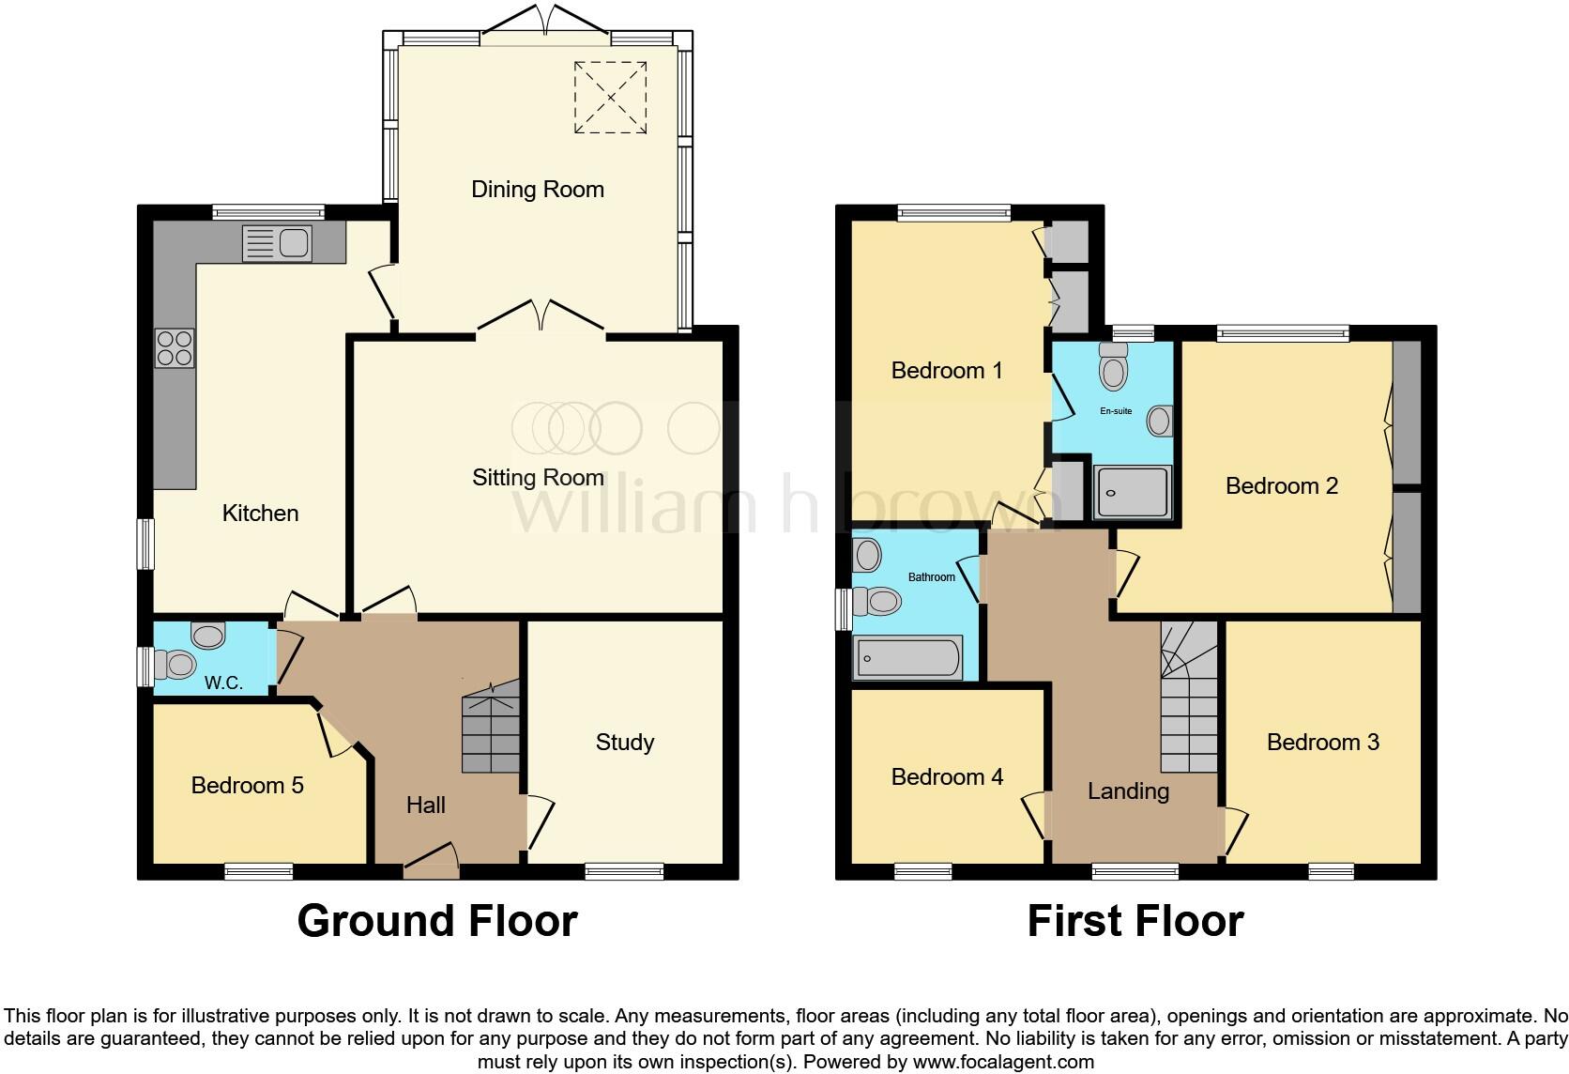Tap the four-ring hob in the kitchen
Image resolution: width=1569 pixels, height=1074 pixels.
[175, 348]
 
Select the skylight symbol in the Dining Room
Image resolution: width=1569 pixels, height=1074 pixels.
[610, 97]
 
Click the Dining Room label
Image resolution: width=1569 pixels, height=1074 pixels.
[537, 190]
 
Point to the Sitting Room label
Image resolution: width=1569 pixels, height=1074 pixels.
[537, 478]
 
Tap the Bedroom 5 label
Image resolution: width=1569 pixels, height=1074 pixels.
[247, 785]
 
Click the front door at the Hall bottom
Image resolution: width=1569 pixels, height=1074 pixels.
[431, 861]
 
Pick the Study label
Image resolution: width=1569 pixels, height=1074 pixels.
[624, 743]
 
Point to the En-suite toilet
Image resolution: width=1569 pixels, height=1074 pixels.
[1114, 366]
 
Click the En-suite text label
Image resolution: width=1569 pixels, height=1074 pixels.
[1116, 411]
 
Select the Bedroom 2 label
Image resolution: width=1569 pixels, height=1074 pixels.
[1281, 486]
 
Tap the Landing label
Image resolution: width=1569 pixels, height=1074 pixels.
[1128, 791]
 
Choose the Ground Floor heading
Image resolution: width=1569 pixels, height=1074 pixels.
[437, 921]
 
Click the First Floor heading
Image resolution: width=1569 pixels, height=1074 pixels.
[1135, 921]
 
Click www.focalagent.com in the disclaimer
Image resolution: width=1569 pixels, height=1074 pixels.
[1003, 1063]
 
